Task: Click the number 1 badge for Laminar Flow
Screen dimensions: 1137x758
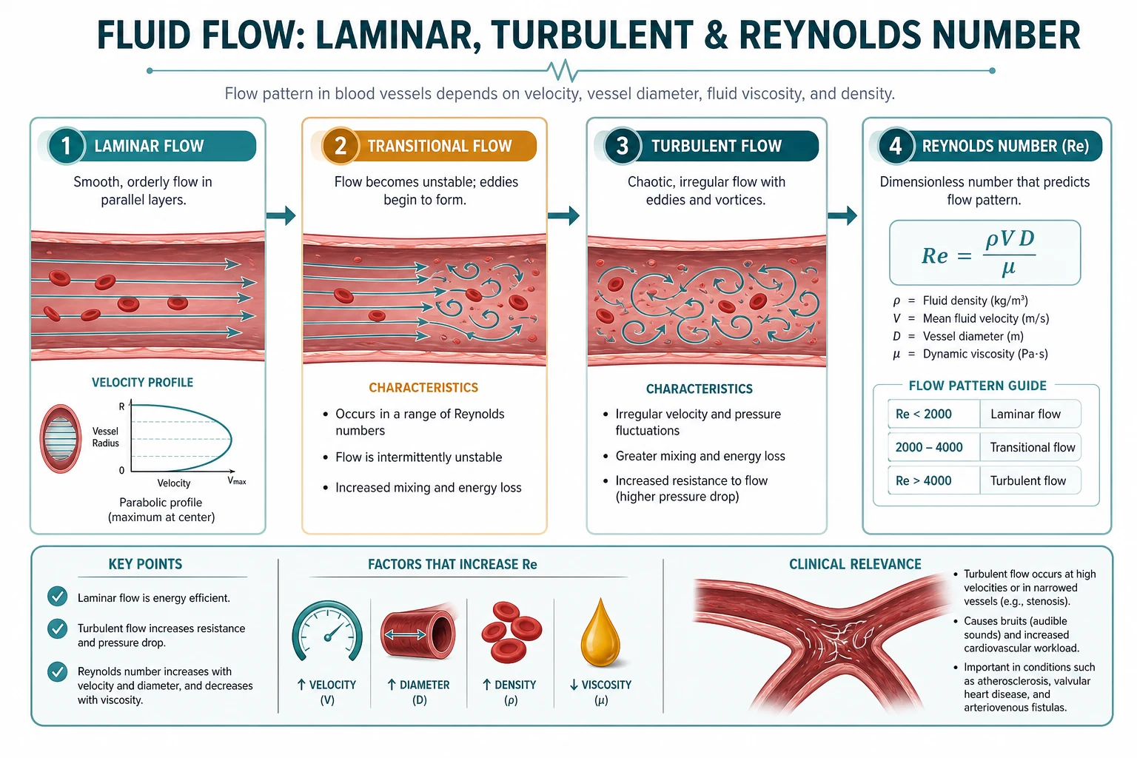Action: pyautogui.click(x=66, y=146)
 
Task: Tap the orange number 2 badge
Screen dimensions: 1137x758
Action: pyautogui.click(x=340, y=146)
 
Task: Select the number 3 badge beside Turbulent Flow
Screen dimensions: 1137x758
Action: pyautogui.click(x=623, y=146)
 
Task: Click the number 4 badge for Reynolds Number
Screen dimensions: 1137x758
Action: pyautogui.click(x=896, y=146)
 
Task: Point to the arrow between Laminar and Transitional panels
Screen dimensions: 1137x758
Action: pyautogui.click(x=281, y=215)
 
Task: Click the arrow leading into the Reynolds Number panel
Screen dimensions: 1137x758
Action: pyautogui.click(x=842, y=215)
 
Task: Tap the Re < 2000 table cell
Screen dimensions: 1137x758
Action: pyautogui.click(x=934, y=414)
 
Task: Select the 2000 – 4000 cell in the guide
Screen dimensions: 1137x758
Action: pyautogui.click(x=934, y=447)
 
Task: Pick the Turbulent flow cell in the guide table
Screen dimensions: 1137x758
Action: pyautogui.click(x=1030, y=480)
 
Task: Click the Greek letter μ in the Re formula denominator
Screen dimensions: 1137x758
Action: pyautogui.click(x=1008, y=268)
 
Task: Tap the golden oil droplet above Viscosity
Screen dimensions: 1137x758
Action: pyautogui.click(x=600, y=632)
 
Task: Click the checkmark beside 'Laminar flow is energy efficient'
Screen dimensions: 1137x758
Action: pyautogui.click(x=57, y=597)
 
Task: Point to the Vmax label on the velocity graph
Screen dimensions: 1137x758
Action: pyautogui.click(x=237, y=481)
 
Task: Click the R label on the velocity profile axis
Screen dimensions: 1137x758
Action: pyautogui.click(x=121, y=406)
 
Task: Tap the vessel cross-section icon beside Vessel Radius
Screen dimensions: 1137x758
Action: pyautogui.click(x=61, y=439)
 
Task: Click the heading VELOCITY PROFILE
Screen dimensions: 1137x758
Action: pyautogui.click(x=143, y=382)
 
